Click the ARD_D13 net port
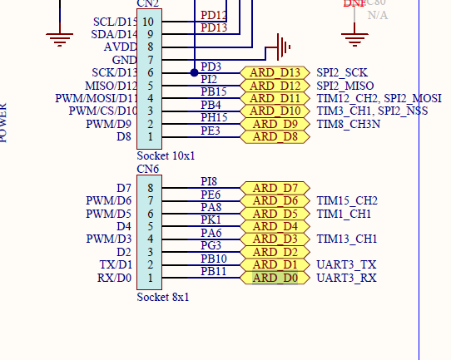[x=275, y=72]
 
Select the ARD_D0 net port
[x=275, y=277]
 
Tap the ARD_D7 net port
[x=275, y=188]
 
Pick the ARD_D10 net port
[x=275, y=111]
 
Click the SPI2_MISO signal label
[x=345, y=86]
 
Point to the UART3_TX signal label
[x=346, y=264]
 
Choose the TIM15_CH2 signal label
[x=347, y=200]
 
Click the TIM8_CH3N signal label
[x=347, y=124]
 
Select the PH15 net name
[x=215, y=117]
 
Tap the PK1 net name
[x=211, y=219]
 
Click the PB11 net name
[x=214, y=271]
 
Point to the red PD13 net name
[x=214, y=27]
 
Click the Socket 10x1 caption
[x=166, y=155]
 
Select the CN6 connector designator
[x=148, y=169]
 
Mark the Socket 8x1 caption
[x=163, y=297]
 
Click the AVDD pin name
[x=121, y=47]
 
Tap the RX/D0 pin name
[x=115, y=278]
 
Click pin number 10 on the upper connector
[x=148, y=21]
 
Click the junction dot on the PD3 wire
[x=194, y=72]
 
